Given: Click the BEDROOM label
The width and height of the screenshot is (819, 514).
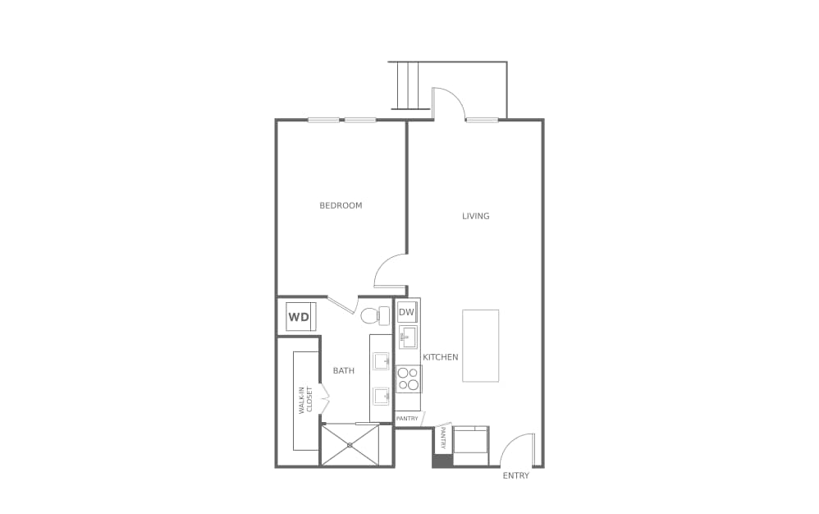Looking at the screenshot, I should point(341,205).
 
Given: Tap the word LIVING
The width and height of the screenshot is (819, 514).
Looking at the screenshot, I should point(475,216).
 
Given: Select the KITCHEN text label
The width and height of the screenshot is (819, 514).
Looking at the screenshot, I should point(440,357).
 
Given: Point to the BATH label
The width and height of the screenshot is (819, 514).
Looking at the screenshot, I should point(343,371).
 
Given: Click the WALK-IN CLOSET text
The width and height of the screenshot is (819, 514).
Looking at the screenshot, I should point(305,400).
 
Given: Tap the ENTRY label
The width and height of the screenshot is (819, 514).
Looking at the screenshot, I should point(515,475).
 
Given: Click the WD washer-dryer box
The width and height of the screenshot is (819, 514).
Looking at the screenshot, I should point(299,317).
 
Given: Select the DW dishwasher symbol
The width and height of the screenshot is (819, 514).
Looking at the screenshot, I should point(407,312).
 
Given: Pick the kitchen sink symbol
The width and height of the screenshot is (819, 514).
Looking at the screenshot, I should point(408,337).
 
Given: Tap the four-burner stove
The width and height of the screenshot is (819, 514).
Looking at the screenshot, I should point(408,379).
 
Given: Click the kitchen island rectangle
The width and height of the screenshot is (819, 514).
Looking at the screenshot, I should point(480,345).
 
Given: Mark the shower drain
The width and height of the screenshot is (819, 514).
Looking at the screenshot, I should point(350,444).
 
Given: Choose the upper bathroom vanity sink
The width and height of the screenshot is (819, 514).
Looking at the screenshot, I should point(382,360).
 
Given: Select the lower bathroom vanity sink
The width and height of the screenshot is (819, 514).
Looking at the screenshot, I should point(382,397).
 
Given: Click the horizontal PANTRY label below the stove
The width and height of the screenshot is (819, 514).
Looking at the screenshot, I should point(407,419).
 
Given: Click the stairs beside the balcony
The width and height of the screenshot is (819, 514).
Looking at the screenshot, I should point(409,85).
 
